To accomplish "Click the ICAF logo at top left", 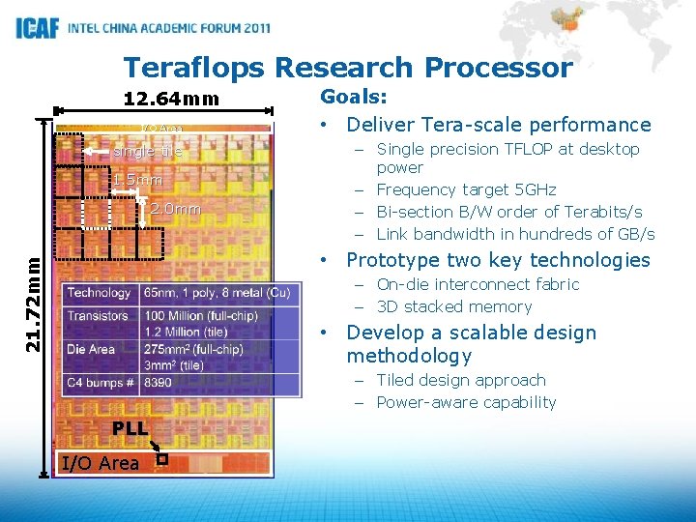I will (x=37, y=28).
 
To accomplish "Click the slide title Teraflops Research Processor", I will (x=348, y=68).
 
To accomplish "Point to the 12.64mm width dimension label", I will (x=171, y=99).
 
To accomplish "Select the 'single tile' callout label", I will (x=148, y=152).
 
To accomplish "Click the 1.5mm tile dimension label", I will (x=136, y=181).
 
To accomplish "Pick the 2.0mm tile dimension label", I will (x=175, y=209).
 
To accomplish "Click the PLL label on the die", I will (x=129, y=428).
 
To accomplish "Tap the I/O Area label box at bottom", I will (x=100, y=463).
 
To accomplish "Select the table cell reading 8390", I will (x=159, y=383).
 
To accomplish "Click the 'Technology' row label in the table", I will (x=100, y=293).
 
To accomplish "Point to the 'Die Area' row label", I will (x=92, y=349).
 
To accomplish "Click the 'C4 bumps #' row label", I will (x=101, y=383).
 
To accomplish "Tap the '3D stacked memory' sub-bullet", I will (x=454, y=306).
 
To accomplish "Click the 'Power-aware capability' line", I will (x=466, y=402).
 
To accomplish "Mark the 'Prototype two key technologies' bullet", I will (x=498, y=260).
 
